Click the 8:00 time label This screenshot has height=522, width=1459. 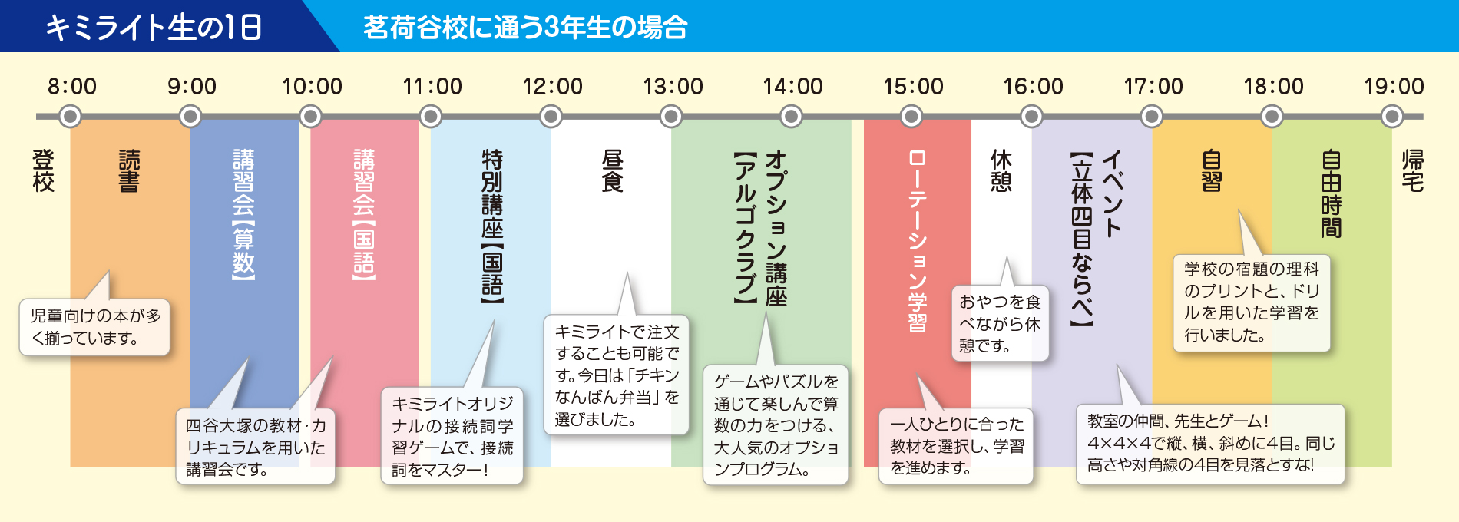click(x=72, y=86)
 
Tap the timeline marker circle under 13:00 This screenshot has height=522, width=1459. click(x=671, y=117)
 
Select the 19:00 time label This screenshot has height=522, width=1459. click(x=1394, y=86)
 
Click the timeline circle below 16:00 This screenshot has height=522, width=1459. click(x=1031, y=117)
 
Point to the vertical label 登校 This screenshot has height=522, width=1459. click(x=44, y=170)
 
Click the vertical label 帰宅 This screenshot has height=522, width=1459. click(x=1413, y=170)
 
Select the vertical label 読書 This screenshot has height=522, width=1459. click(x=129, y=170)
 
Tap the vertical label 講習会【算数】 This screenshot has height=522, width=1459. click(x=243, y=214)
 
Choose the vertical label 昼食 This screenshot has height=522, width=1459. click(x=612, y=170)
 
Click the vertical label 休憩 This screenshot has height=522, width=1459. click(x=1001, y=170)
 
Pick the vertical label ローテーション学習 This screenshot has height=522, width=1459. click(x=917, y=240)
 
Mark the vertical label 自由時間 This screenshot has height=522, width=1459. click(x=1331, y=193)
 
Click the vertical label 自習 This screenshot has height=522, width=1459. click(x=1211, y=170)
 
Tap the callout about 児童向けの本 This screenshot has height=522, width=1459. click(x=94, y=327)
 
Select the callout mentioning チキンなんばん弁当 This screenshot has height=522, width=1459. click(x=617, y=375)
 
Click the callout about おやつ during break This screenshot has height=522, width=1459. click(x=1000, y=323)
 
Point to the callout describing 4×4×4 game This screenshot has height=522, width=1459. click(x=1210, y=444)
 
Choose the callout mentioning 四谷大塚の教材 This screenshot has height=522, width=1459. click(x=256, y=447)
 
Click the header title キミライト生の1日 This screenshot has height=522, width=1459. click(x=154, y=28)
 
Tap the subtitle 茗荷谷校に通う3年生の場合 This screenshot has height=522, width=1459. click(x=525, y=28)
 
